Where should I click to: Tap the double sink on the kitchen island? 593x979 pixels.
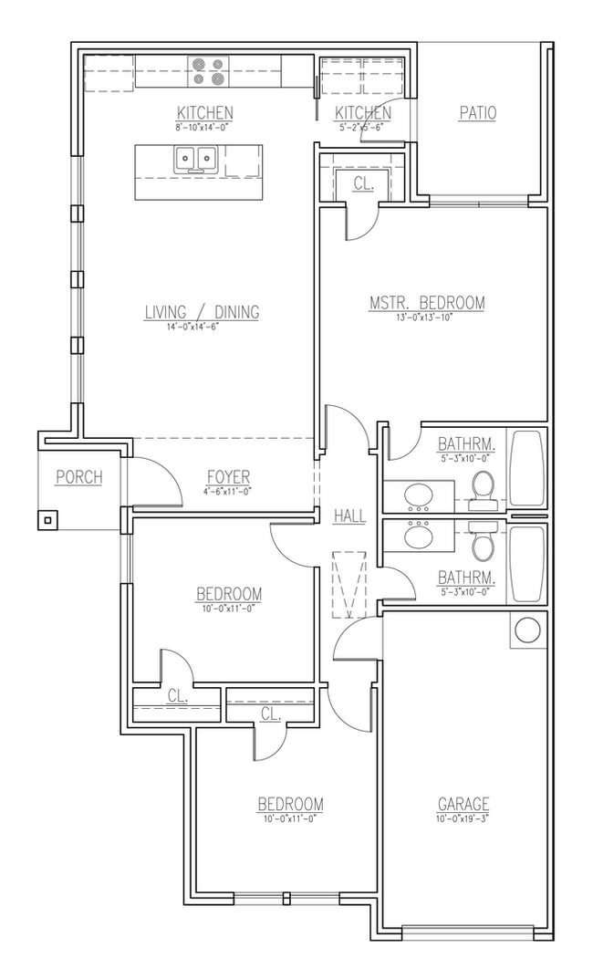tap(195, 160)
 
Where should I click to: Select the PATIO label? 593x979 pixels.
tap(477, 113)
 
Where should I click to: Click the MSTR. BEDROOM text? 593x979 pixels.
tap(427, 303)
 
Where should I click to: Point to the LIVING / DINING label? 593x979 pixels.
tap(202, 312)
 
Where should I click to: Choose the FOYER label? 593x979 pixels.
tap(228, 477)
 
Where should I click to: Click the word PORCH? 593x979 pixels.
tap(78, 476)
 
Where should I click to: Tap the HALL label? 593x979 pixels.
tap(349, 516)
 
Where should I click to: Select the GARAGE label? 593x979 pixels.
tap(463, 804)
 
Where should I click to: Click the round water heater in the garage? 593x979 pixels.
tap(527, 630)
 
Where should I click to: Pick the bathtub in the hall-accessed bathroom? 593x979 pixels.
tap(526, 563)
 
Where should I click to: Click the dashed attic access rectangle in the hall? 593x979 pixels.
tap(349, 584)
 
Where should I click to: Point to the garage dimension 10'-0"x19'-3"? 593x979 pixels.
tap(463, 818)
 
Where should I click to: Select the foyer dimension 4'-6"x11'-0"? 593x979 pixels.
tap(227, 491)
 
